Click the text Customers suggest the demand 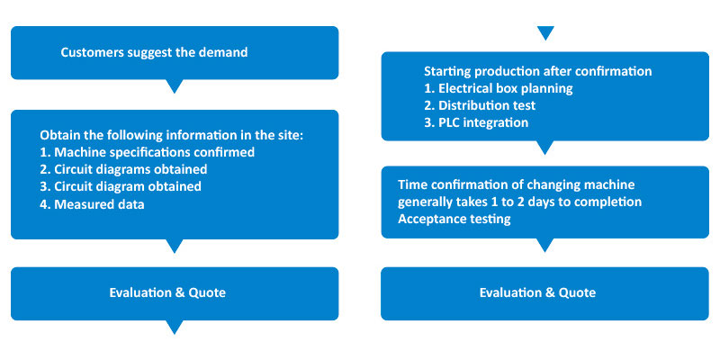coord(154,52)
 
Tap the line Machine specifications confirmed coord(148,152)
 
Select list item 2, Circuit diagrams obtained coord(123,169)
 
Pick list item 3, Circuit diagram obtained coord(121,186)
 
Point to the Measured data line coord(92,204)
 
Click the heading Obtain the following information coord(172,136)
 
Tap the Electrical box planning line coord(499,88)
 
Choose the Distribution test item coord(480,105)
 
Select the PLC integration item coord(476,123)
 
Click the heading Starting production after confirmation coord(537,72)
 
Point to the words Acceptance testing coord(454,219)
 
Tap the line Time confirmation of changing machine coord(516,185)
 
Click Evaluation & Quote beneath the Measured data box coord(167,293)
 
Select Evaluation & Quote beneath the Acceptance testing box coord(537,293)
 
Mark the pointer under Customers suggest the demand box coord(175,85)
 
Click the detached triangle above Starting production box coord(545,32)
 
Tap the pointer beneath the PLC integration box coord(545,147)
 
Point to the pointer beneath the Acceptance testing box coord(545,245)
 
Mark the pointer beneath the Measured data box coord(175,246)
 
